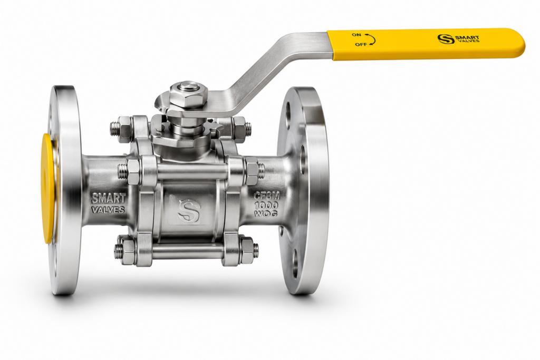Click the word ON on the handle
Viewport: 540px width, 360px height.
point(356,35)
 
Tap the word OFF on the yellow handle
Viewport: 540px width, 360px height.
point(361,45)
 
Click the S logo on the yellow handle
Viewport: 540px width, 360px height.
point(445,39)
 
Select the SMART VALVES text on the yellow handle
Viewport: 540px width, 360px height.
point(467,39)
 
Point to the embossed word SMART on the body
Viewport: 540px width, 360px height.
point(109,199)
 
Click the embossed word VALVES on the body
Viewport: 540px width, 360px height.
point(108,209)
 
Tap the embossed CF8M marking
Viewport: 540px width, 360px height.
point(267,196)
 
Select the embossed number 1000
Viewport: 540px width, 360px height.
point(266,206)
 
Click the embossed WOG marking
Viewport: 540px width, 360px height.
point(266,213)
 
